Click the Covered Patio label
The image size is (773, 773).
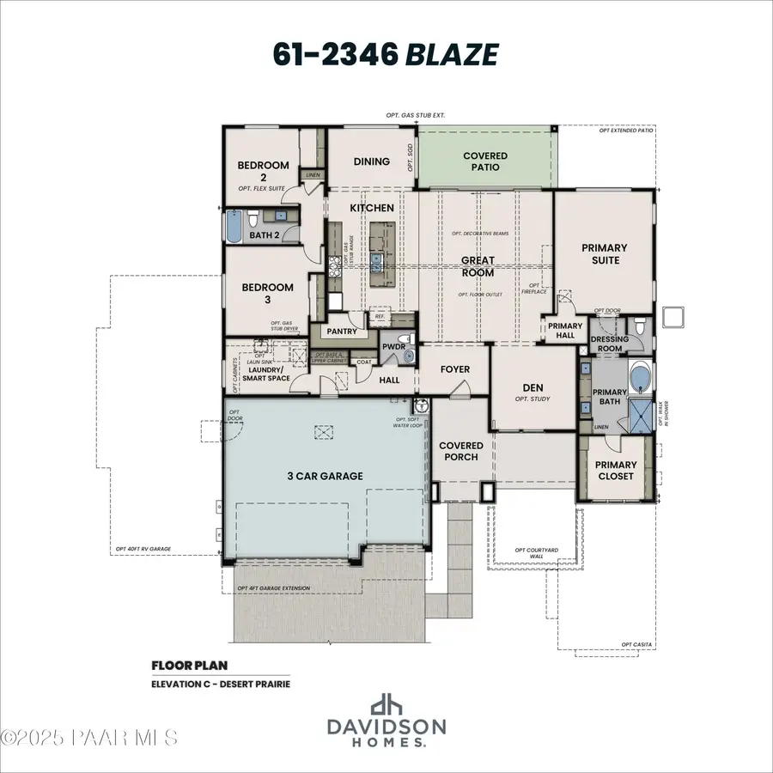click(x=485, y=161)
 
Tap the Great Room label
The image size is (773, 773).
click(x=478, y=266)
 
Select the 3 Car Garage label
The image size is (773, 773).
click(x=325, y=476)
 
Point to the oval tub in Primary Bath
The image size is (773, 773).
click(x=638, y=379)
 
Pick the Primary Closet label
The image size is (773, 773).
click(x=616, y=470)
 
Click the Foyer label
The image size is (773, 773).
click(x=455, y=369)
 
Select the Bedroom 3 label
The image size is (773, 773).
click(x=266, y=293)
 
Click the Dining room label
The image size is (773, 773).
click(x=371, y=161)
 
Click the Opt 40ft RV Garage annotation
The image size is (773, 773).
click(x=143, y=549)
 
